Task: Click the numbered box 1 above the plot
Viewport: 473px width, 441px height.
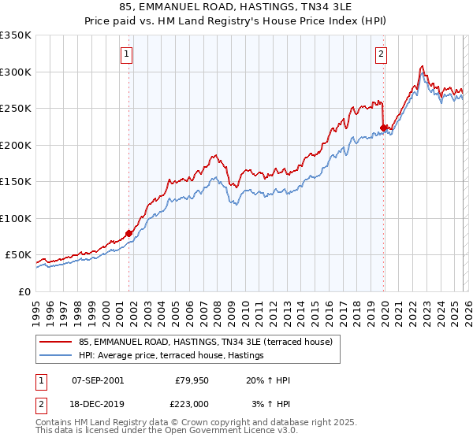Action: tap(127, 54)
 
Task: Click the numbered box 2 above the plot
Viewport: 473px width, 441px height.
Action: tap(381, 54)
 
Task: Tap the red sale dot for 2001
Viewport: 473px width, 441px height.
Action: tap(128, 233)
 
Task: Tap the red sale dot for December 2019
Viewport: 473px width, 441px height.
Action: tap(383, 128)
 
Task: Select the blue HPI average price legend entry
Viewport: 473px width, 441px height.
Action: tap(170, 356)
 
